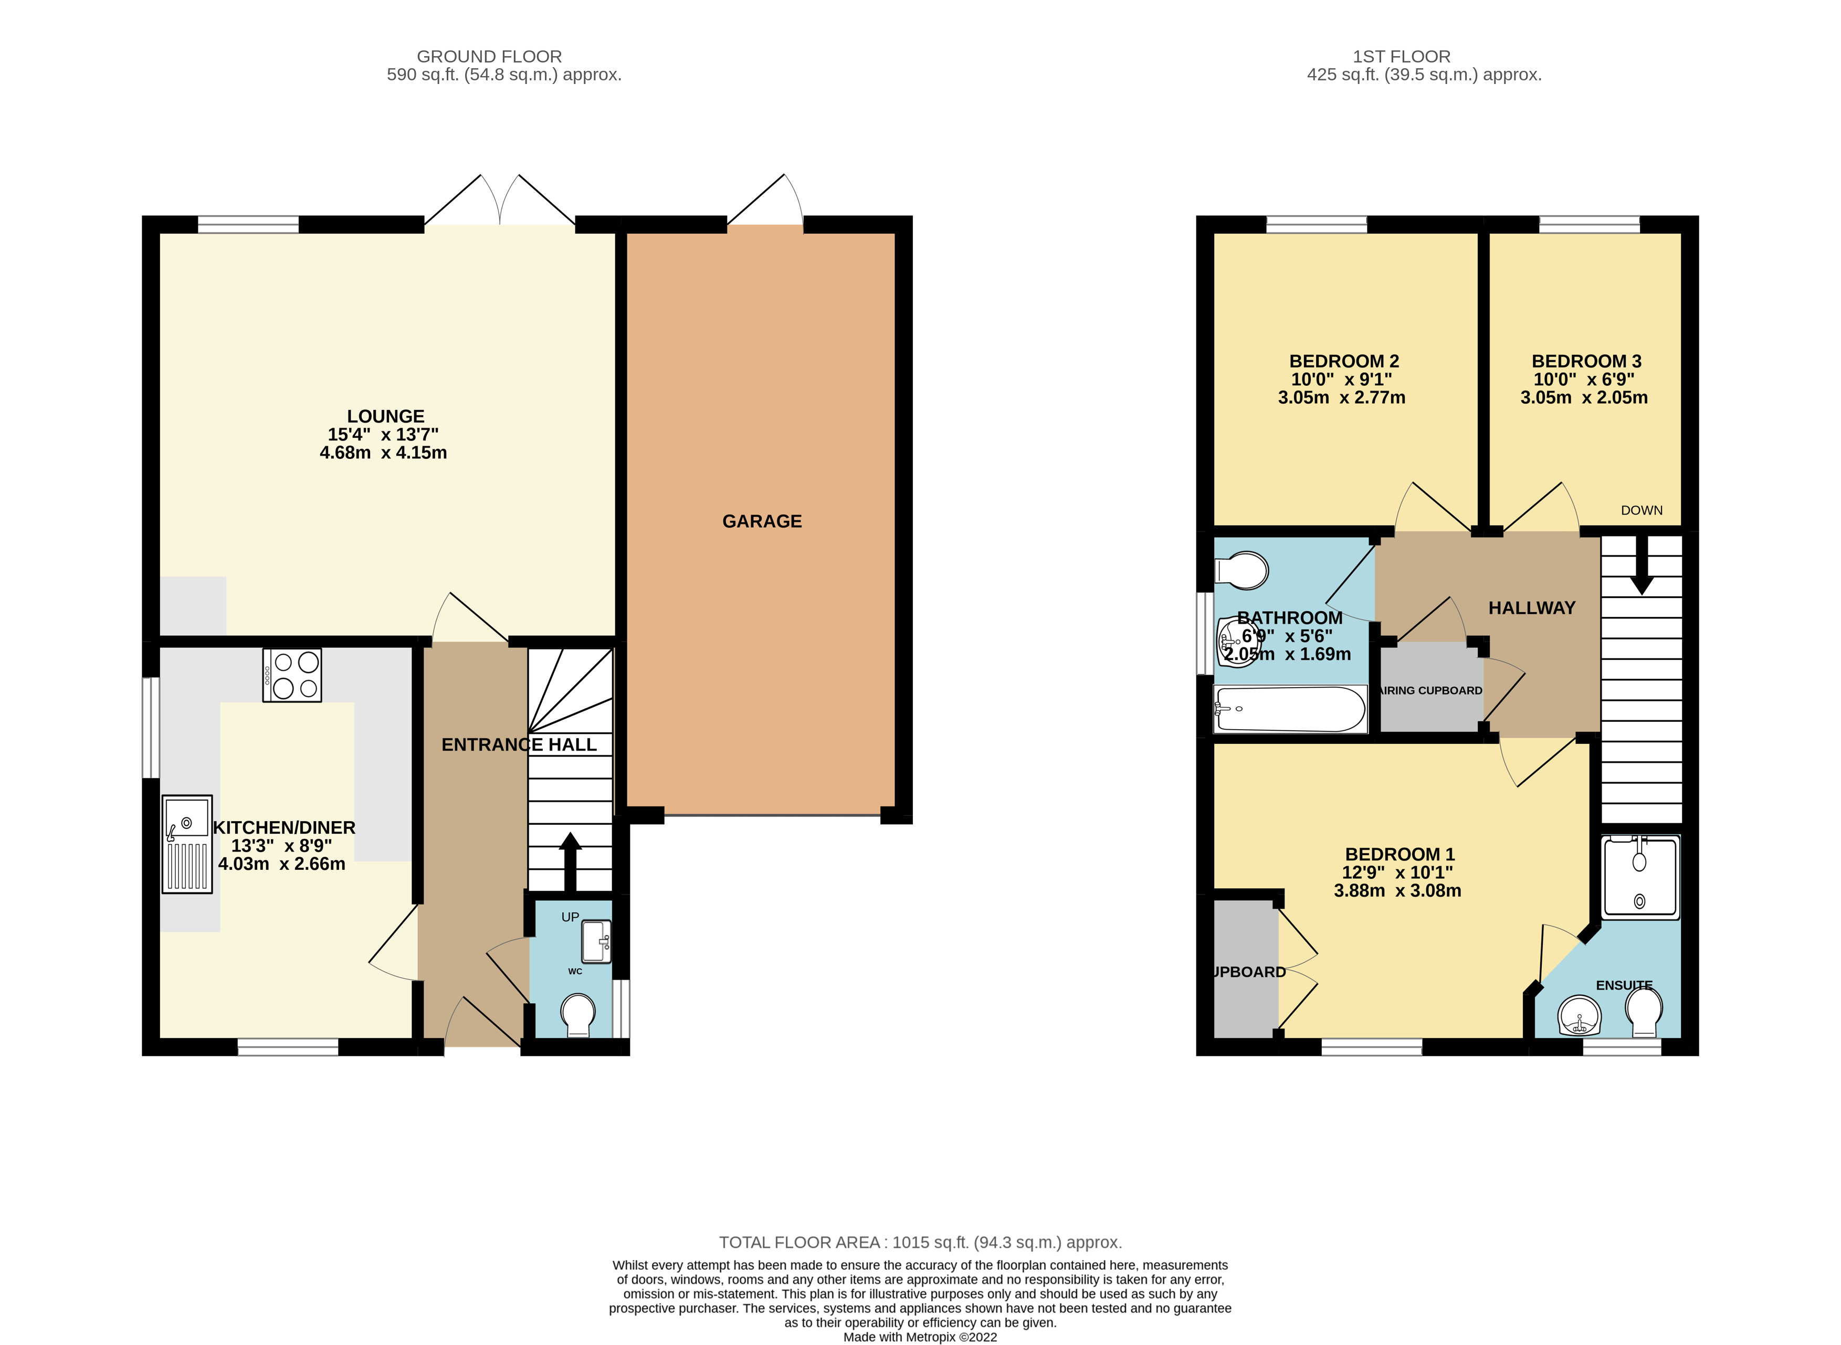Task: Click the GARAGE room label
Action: [x=762, y=521]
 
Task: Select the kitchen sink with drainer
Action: [x=187, y=844]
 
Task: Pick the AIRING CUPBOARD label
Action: [x=1432, y=690]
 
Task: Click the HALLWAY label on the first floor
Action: [x=1532, y=607]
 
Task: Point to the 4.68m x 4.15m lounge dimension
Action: [x=383, y=453]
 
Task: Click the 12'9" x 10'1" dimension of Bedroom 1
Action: [x=1397, y=872]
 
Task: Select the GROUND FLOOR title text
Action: [x=489, y=56]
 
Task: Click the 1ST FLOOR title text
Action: [x=1402, y=56]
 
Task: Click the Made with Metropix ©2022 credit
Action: [x=920, y=1337]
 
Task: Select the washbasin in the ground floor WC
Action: [x=596, y=942]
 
